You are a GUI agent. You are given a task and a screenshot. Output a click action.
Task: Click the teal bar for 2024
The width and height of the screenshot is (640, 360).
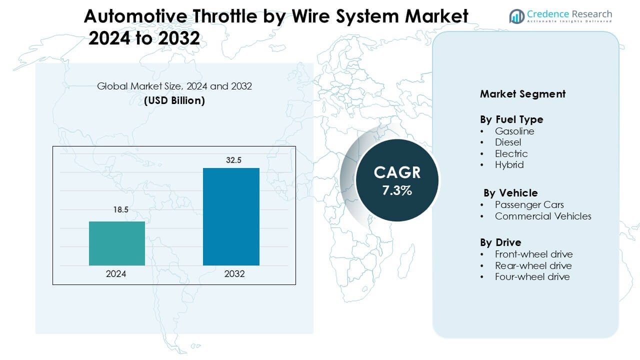click(117, 243)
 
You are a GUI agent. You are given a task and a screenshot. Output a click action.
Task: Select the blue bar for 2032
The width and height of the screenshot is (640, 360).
click(231, 216)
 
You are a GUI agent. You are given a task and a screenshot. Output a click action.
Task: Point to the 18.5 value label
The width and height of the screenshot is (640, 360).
click(120, 210)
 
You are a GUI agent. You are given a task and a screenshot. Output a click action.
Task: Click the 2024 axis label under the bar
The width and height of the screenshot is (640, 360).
click(116, 274)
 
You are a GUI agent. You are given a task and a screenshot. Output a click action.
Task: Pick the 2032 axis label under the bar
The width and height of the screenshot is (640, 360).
click(234, 274)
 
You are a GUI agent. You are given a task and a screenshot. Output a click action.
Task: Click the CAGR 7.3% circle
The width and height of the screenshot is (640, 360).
click(397, 180)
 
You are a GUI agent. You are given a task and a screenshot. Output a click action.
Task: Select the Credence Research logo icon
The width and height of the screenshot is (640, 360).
click(516, 16)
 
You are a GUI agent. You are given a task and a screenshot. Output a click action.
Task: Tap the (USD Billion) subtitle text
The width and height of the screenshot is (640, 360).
click(174, 100)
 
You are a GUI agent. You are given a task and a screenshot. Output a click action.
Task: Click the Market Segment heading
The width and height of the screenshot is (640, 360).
click(522, 94)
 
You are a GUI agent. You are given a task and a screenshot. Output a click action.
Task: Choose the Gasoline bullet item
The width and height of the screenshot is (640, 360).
click(514, 131)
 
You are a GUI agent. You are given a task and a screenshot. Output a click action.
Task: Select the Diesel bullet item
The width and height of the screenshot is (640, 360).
click(508, 142)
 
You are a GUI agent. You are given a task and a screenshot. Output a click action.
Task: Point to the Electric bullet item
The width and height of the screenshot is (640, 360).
click(511, 153)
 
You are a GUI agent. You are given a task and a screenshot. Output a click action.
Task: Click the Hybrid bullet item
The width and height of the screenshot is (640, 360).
click(509, 164)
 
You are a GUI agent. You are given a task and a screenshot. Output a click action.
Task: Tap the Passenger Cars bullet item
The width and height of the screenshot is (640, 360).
click(529, 204)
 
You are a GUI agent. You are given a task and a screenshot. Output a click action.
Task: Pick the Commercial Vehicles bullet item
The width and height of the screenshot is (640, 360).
click(543, 216)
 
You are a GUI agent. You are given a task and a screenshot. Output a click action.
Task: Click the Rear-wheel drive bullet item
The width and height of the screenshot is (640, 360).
click(533, 265)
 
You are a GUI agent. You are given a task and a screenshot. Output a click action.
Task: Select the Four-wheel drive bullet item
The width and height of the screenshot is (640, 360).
click(532, 276)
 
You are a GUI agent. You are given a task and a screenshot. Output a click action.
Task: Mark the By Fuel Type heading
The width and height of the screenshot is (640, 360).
click(511, 119)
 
